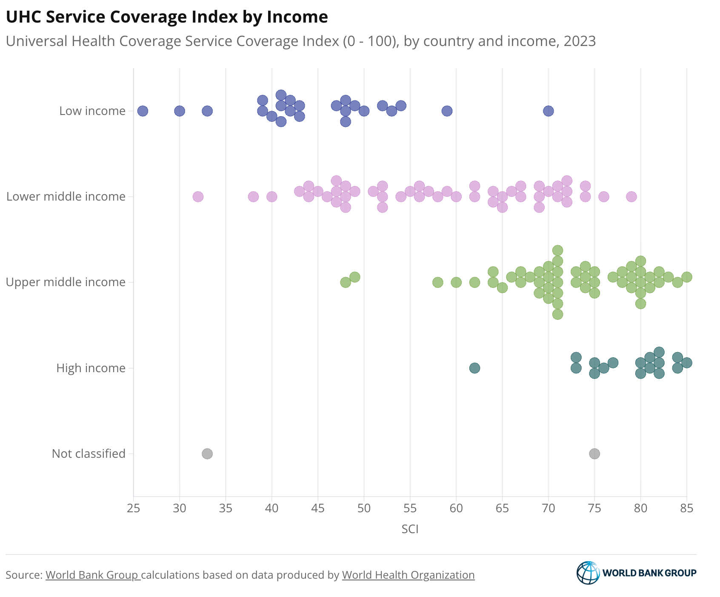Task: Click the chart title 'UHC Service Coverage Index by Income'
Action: [x=167, y=17]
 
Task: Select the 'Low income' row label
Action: [x=92, y=111]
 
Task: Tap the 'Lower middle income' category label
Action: [x=66, y=197]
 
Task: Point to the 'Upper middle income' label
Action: [x=66, y=282]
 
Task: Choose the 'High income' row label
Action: [x=91, y=368]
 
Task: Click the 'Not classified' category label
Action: [x=89, y=454]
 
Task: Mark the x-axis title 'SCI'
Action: [x=410, y=529]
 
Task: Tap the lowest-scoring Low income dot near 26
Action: [x=143, y=111]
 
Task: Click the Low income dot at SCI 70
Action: [x=549, y=111]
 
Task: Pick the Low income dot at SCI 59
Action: [x=447, y=111]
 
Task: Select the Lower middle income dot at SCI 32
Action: [x=198, y=197]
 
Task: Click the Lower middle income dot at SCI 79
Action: [x=631, y=197]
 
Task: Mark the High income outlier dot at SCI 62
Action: [x=474, y=368]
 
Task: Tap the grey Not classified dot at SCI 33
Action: [x=207, y=454]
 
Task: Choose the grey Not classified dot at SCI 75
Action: [x=594, y=454]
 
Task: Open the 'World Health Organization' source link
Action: [x=408, y=575]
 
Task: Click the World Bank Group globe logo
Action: [x=588, y=573]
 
